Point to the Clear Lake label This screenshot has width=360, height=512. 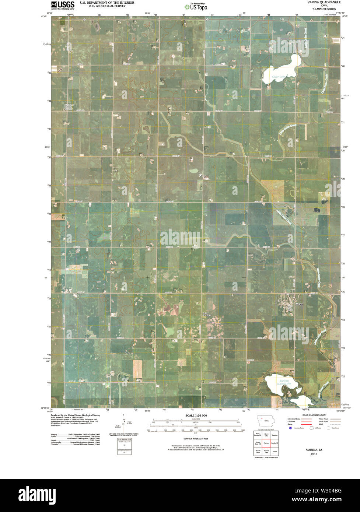coord(279,77)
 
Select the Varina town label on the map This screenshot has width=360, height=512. coord(299,304)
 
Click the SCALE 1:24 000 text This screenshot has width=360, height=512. coord(194,415)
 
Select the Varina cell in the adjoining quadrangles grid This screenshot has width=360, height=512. coord(266,443)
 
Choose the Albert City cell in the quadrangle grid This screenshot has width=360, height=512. coord(266,435)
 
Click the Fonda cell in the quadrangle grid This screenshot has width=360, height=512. coord(274,451)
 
